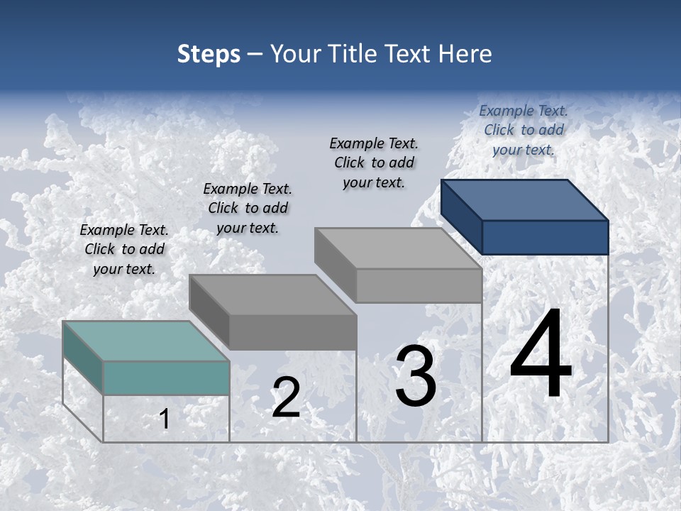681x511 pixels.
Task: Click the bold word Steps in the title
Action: pyautogui.click(x=209, y=54)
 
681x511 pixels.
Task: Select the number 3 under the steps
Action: pyautogui.click(x=415, y=376)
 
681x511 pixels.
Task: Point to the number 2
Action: pyautogui.click(x=286, y=398)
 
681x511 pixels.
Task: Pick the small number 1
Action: pyautogui.click(x=165, y=419)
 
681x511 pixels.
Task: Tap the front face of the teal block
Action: pyautogui.click(x=166, y=378)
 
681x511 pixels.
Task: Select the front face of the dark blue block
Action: pyautogui.click(x=545, y=237)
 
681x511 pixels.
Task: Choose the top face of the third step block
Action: pyautogui.click(x=398, y=248)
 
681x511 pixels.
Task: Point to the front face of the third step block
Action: pyautogui.click(x=419, y=285)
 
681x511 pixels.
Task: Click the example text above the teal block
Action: pyautogui.click(x=124, y=249)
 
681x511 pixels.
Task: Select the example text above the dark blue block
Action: pyautogui.click(x=524, y=130)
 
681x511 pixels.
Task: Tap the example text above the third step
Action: pyautogui.click(x=374, y=163)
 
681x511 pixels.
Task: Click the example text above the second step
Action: pyautogui.click(x=248, y=208)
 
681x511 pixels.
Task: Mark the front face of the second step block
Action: pyautogui.click(x=292, y=332)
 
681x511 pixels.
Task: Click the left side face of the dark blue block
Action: pyautogui.click(x=461, y=216)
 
